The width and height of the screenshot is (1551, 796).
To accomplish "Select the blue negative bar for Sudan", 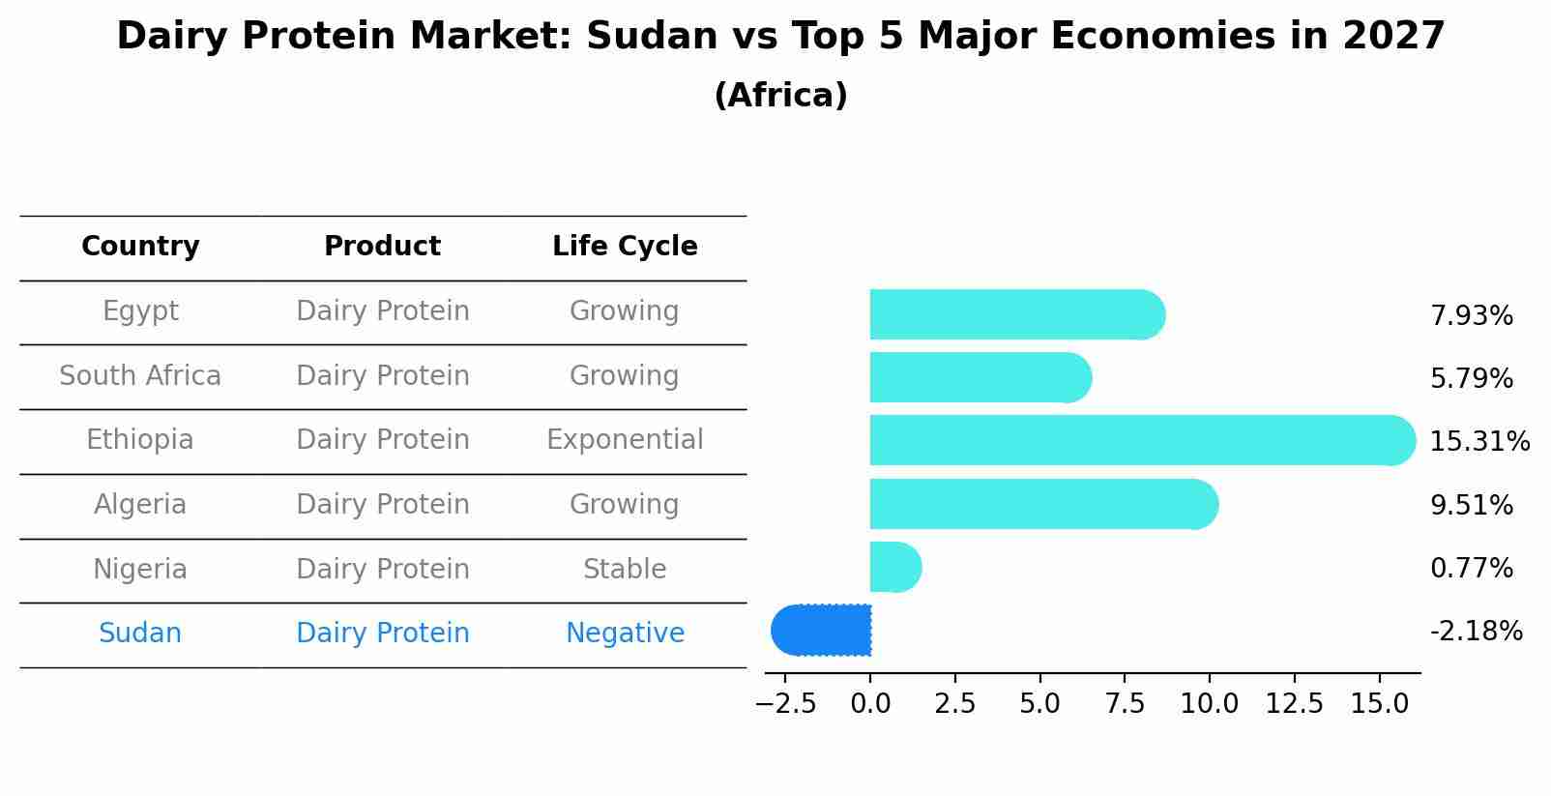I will [x=822, y=631].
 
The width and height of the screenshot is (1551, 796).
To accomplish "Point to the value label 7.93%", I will [x=1471, y=316].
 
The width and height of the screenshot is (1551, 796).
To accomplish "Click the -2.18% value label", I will [x=1476, y=632].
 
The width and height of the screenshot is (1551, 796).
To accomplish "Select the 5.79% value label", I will [x=1471, y=379].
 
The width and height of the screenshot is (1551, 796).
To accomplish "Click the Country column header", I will [x=140, y=247].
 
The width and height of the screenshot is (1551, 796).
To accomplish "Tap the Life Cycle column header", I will [x=625, y=247].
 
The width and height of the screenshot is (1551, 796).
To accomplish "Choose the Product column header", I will [x=382, y=247].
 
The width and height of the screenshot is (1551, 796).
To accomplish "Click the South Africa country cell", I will [x=140, y=376].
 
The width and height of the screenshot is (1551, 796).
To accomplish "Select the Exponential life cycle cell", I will [x=625, y=440].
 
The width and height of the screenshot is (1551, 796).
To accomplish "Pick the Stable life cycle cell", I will [x=625, y=570].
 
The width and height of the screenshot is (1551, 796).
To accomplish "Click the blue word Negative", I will [x=625, y=634].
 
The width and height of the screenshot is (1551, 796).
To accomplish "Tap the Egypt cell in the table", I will [x=140, y=311].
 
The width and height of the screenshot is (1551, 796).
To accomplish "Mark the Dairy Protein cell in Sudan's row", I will [x=382, y=634].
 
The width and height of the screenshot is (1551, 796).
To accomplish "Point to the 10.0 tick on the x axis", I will [x=1209, y=704].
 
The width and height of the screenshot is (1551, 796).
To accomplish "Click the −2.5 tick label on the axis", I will [x=786, y=704].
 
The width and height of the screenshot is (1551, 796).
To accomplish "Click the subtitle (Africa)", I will [x=780, y=96].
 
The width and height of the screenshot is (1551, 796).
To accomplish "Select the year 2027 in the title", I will [x=1393, y=37].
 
